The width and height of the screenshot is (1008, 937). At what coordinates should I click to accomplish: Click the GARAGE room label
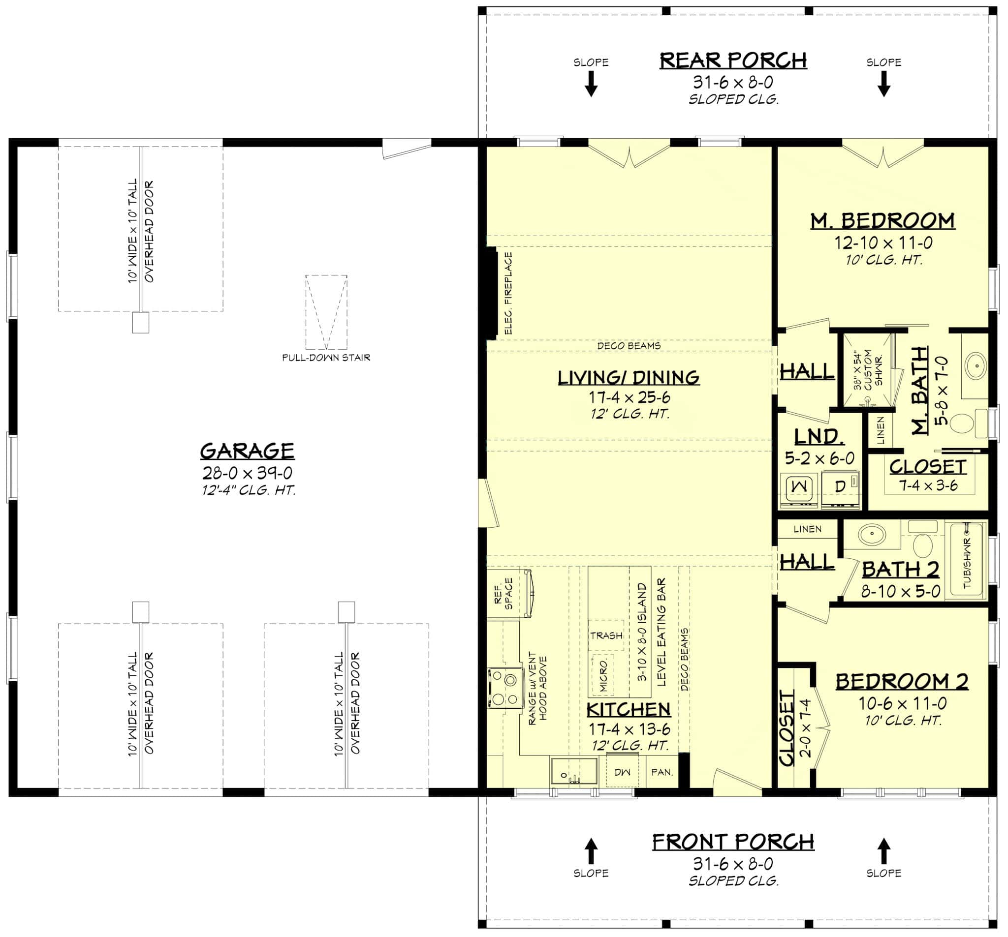247,451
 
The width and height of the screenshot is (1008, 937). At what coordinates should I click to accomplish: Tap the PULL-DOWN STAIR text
326,358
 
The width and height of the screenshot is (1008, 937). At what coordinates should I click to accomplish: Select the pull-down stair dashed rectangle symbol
326,312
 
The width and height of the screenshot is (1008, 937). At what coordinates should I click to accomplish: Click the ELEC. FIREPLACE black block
491,294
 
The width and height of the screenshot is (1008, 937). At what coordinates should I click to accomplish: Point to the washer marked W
799,486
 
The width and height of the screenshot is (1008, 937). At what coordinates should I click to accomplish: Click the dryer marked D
840,487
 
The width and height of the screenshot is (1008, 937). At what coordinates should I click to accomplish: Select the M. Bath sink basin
975,366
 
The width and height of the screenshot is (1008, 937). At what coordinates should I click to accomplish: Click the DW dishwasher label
622,772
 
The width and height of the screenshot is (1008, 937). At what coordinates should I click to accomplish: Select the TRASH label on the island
606,635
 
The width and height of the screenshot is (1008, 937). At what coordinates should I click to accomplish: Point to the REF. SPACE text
504,593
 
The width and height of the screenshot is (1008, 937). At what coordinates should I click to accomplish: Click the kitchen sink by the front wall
573,772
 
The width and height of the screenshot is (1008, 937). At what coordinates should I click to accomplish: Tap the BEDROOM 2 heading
902,682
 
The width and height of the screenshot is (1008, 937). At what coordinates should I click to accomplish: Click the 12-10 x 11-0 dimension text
883,243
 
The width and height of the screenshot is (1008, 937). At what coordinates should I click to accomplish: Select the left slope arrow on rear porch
591,84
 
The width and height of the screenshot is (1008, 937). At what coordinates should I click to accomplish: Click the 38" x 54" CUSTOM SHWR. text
868,369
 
